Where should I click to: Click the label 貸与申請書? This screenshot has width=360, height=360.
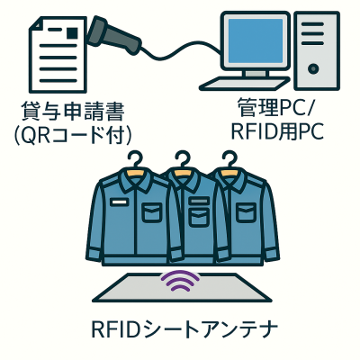pyautogui.click(x=72, y=113)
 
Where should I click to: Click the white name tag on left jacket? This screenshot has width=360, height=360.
pyautogui.click(x=119, y=202)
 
